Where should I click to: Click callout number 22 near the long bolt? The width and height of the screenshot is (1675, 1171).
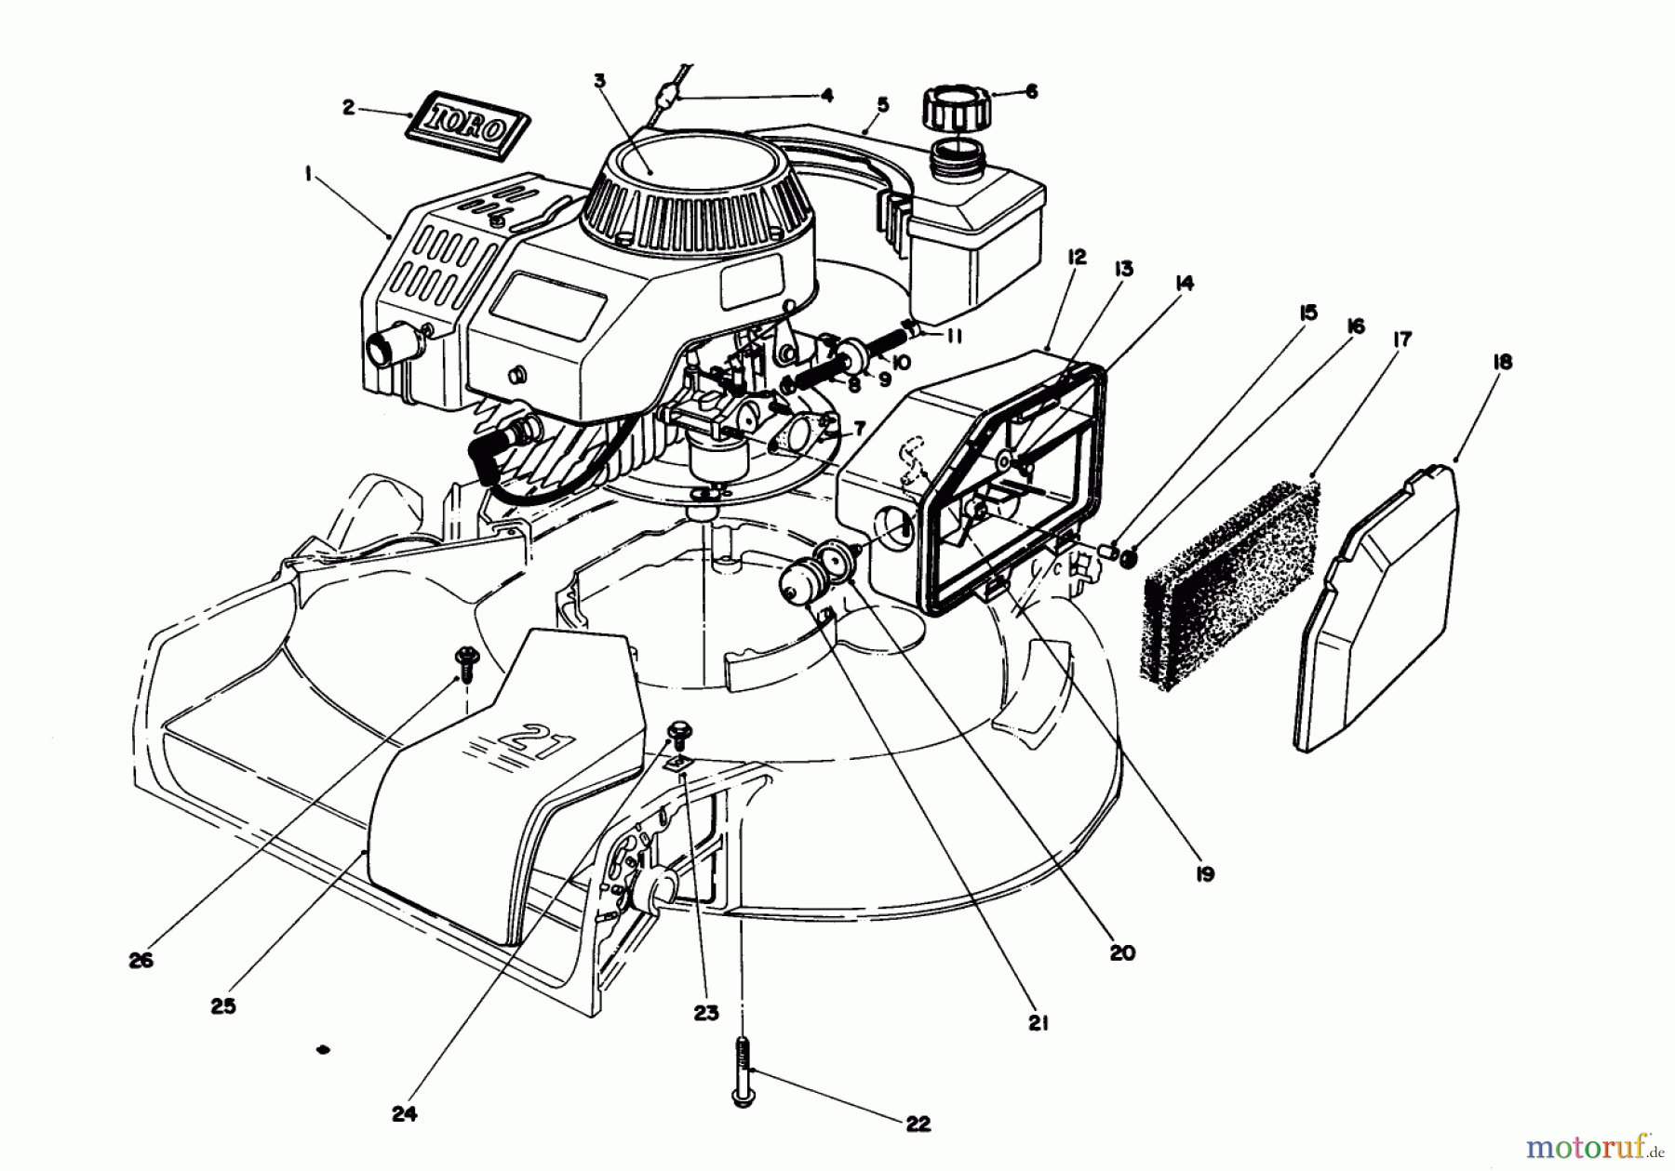918,1124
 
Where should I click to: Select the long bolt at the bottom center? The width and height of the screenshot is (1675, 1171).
743,1070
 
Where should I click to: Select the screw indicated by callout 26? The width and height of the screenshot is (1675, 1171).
462,660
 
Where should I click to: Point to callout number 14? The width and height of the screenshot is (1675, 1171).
1185,284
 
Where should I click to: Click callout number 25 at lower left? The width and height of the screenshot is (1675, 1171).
223,1005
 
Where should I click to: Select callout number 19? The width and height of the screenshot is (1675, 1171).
1205,874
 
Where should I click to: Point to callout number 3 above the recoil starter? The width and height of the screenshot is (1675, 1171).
599,81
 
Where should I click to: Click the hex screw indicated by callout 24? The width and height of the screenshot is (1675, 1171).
678,733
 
